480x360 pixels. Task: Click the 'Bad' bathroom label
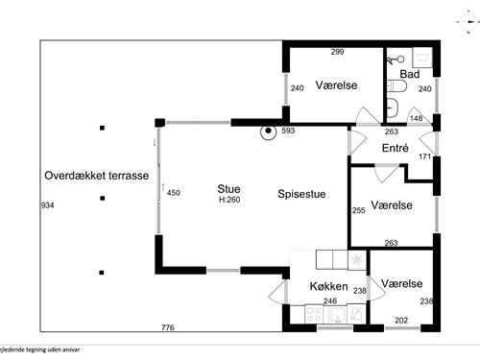410,73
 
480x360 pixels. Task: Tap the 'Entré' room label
396,148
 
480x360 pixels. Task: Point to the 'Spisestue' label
301,194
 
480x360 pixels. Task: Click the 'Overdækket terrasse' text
96,176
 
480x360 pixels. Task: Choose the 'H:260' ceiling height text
228,200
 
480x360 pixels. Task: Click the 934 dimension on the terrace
48,206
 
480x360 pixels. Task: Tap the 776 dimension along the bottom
168,329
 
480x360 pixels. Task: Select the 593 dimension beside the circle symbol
288,132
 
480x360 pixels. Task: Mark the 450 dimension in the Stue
174,193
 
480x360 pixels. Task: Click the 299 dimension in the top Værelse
337,51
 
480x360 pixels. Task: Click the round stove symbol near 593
270,132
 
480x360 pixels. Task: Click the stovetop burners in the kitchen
314,312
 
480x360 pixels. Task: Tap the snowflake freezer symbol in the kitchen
356,262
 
